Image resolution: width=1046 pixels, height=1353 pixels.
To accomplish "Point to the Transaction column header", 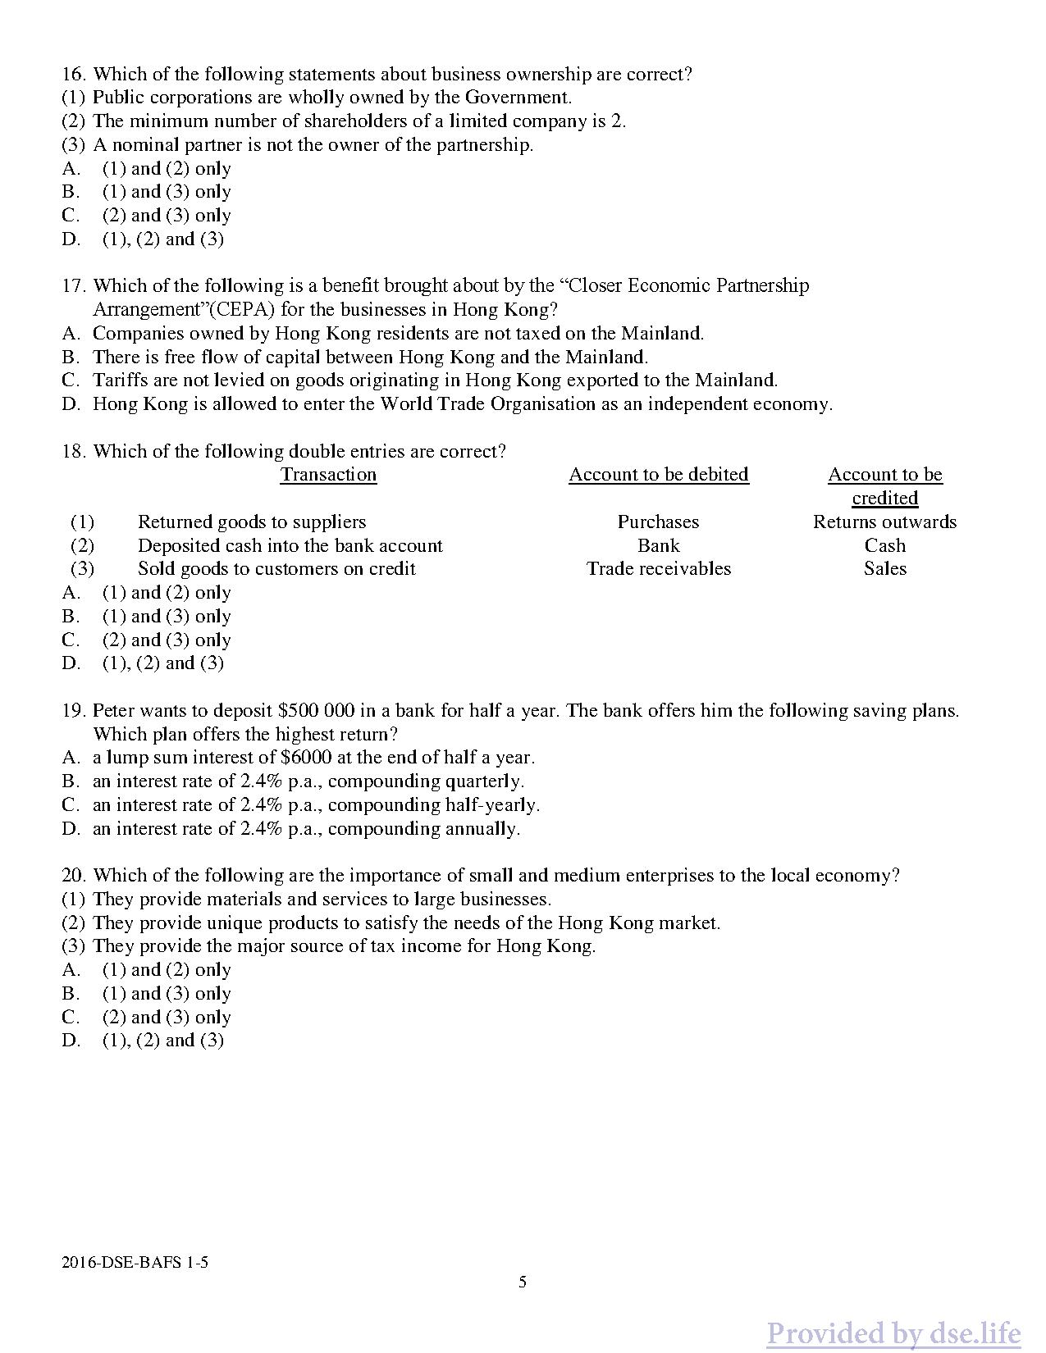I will tap(328, 475).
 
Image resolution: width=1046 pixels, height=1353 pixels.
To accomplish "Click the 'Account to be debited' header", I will tap(659, 475).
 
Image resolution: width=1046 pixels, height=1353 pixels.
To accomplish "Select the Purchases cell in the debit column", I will tap(658, 522).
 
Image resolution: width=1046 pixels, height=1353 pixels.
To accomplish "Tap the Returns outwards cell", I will tap(884, 522).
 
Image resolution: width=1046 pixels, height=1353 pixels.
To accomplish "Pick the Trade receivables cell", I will tap(658, 569).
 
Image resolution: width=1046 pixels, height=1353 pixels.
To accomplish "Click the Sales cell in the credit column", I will tap(884, 569).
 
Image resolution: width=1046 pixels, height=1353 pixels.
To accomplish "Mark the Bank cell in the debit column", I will tap(658, 546).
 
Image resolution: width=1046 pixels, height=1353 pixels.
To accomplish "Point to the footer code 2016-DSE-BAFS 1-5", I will tap(135, 1263).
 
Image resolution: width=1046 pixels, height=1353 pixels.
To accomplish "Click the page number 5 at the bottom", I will tap(523, 1282).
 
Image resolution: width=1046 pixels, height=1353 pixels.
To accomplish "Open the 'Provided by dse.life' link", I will tap(893, 1333).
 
